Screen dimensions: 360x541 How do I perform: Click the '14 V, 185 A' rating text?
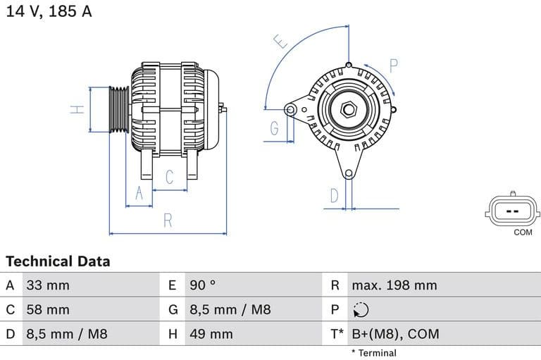point(49,11)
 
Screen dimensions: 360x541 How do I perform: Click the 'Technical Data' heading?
point(58,261)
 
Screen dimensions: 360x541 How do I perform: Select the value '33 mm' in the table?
point(48,285)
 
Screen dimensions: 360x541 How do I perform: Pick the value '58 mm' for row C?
point(48,309)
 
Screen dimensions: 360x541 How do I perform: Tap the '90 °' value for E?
point(203,285)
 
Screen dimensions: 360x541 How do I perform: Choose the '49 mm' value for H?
point(211,334)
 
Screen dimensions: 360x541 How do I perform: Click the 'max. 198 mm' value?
point(394,285)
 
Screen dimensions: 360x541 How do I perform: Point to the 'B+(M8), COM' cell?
point(394,334)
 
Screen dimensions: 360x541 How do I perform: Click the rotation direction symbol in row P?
point(361,309)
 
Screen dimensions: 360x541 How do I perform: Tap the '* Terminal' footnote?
point(373,352)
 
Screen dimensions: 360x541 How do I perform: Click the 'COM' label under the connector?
point(523,232)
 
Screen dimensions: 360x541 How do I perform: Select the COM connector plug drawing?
point(512,210)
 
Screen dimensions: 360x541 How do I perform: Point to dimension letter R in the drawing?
point(168,221)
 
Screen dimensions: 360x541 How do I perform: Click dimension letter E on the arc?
point(281,42)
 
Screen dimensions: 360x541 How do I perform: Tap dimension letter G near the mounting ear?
point(274,128)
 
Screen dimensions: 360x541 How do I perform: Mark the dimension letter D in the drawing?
point(335,195)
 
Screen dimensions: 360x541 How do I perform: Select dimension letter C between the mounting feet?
point(170,177)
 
